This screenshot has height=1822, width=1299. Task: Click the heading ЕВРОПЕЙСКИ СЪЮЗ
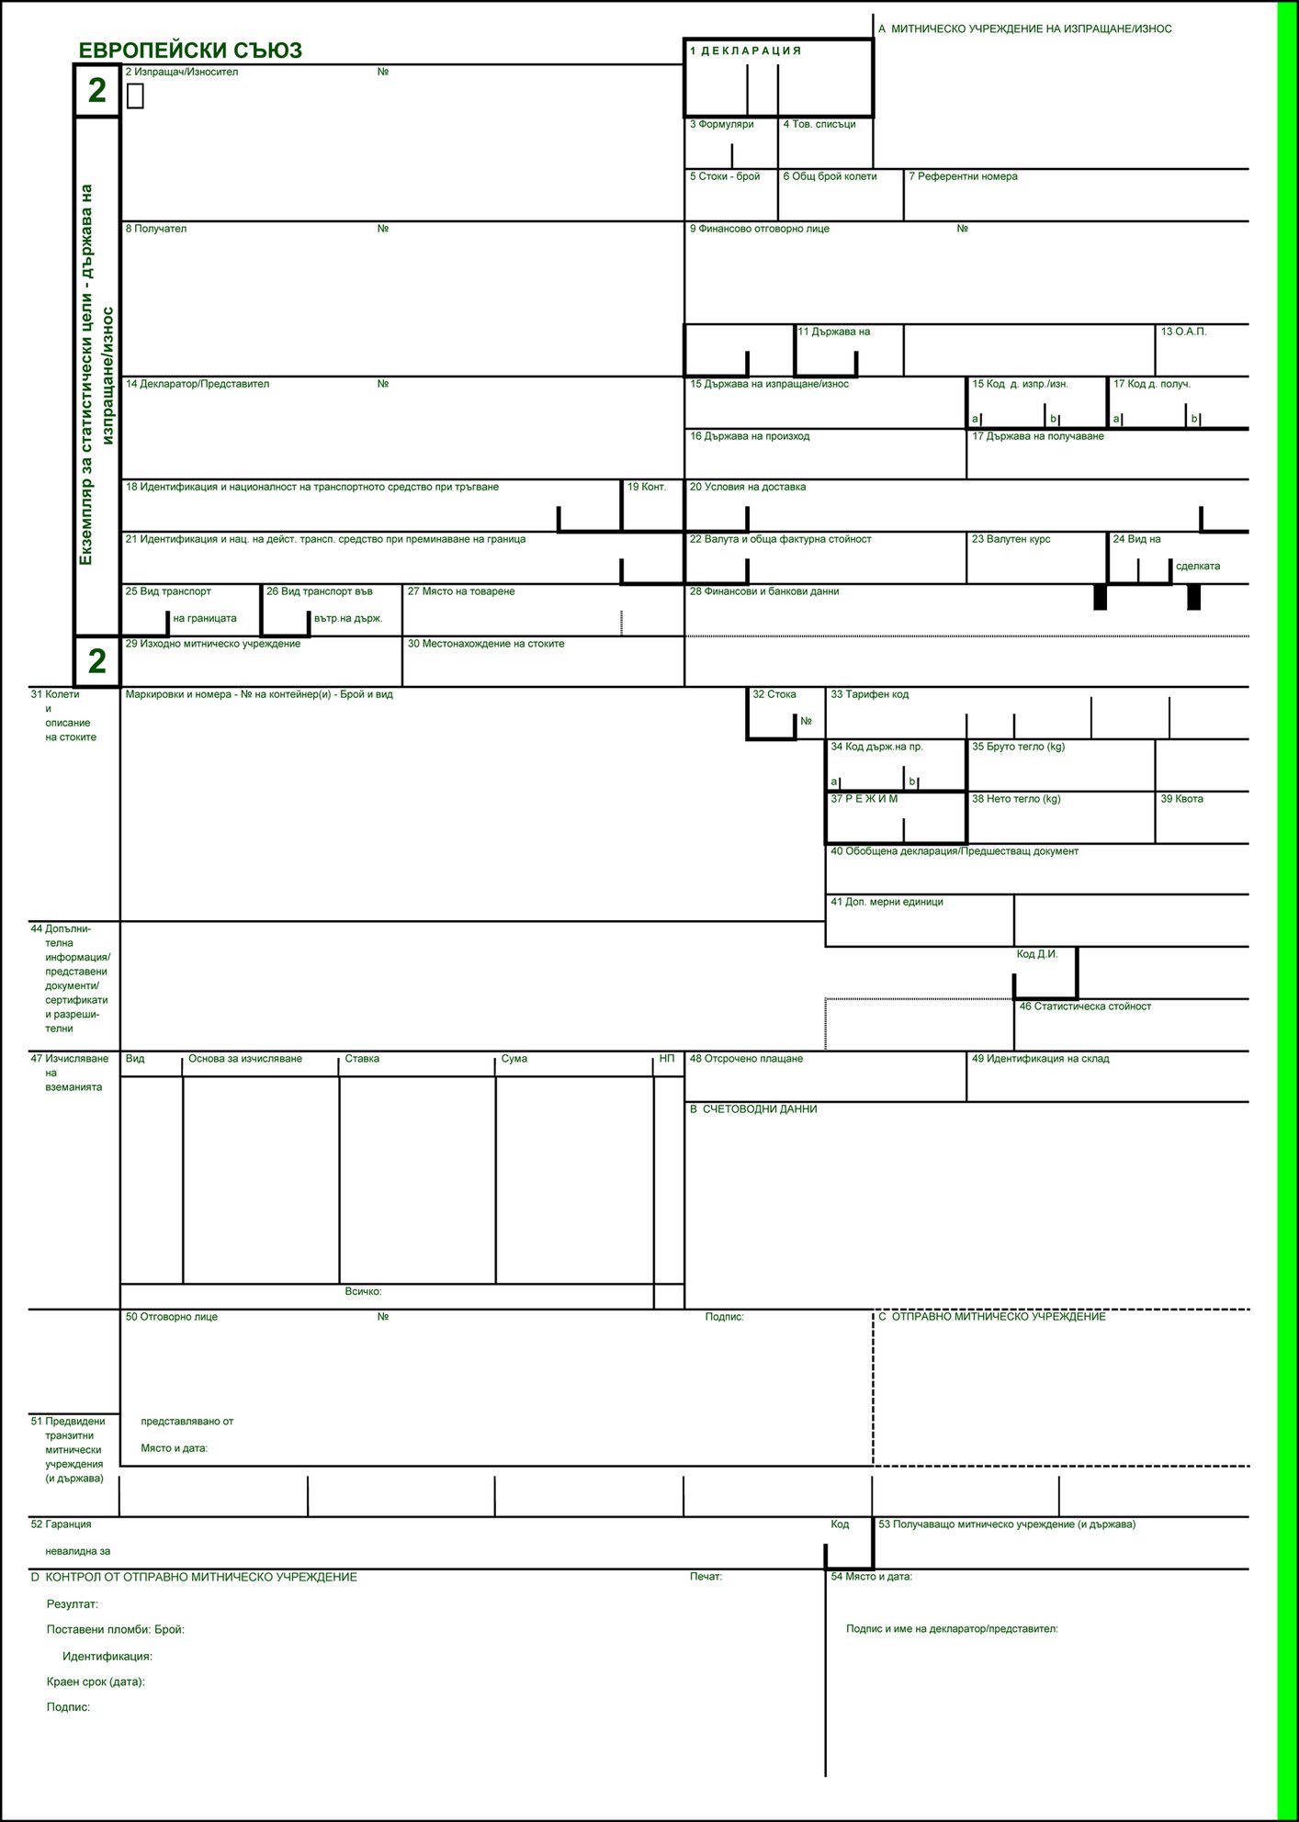[x=190, y=51]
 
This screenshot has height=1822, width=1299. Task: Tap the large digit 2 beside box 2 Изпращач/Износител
[x=96, y=91]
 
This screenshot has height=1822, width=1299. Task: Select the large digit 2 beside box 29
[x=96, y=661]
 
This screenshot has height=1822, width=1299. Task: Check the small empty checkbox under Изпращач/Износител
[x=135, y=96]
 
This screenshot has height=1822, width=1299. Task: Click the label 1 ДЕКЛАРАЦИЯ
[x=745, y=51]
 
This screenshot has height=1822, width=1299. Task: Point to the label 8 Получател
[x=156, y=229]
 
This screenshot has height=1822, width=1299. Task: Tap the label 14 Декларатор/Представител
[x=198, y=384]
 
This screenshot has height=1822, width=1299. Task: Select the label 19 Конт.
[x=647, y=487]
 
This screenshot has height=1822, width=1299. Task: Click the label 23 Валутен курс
[x=1011, y=539]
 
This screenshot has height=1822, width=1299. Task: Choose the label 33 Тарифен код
[x=869, y=694]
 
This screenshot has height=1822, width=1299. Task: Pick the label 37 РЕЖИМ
[x=864, y=799]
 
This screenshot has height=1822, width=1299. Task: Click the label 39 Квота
[x=1181, y=799]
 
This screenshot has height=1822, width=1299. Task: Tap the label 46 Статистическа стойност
[x=1084, y=1007]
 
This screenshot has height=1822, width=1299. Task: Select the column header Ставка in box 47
[x=362, y=1059]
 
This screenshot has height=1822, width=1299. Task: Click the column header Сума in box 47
[x=514, y=1059]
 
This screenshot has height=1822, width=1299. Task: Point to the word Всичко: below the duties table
[x=363, y=1291]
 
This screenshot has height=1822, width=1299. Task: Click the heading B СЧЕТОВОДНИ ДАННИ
[x=753, y=1109]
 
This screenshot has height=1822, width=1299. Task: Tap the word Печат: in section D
[x=706, y=1577]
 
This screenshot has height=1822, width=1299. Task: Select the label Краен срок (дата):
[x=96, y=1682]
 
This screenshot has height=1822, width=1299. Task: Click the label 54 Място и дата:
[x=871, y=1577]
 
